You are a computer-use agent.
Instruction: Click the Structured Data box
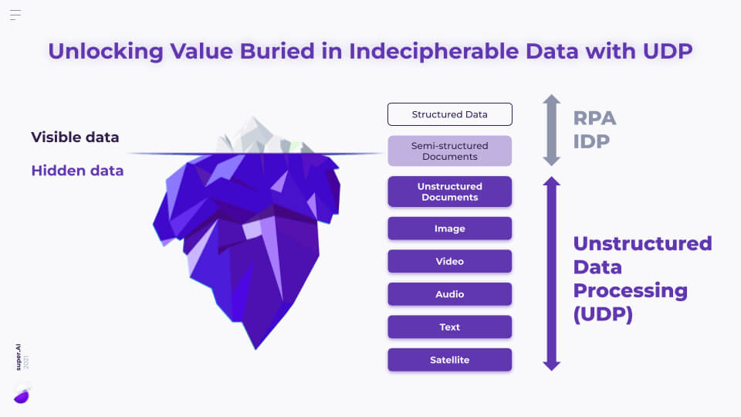pyautogui.click(x=449, y=114)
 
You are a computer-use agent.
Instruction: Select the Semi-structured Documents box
pyautogui.click(x=449, y=151)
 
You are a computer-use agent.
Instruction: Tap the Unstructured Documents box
pyautogui.click(x=449, y=192)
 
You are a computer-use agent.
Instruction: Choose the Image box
pyautogui.click(x=449, y=229)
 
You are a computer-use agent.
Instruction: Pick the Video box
pyautogui.click(x=449, y=261)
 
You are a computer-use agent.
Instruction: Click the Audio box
pyautogui.click(x=449, y=294)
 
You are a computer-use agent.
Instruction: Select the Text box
pyautogui.click(x=449, y=327)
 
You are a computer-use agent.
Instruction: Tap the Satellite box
pyautogui.click(x=449, y=360)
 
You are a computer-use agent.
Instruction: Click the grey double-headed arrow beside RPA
pyautogui.click(x=551, y=130)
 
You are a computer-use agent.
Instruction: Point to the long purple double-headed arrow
pyautogui.click(x=551, y=273)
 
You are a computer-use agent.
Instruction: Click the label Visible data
pyautogui.click(x=75, y=137)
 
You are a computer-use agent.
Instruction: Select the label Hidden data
pyautogui.click(x=77, y=171)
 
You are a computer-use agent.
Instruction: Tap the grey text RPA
pyautogui.click(x=594, y=118)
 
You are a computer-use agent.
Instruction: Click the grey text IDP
pyautogui.click(x=593, y=142)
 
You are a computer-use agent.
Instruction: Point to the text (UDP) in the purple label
pyautogui.click(x=603, y=314)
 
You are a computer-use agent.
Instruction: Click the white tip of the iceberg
pyautogui.click(x=255, y=135)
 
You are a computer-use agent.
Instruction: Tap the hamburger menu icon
pyautogui.click(x=15, y=15)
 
